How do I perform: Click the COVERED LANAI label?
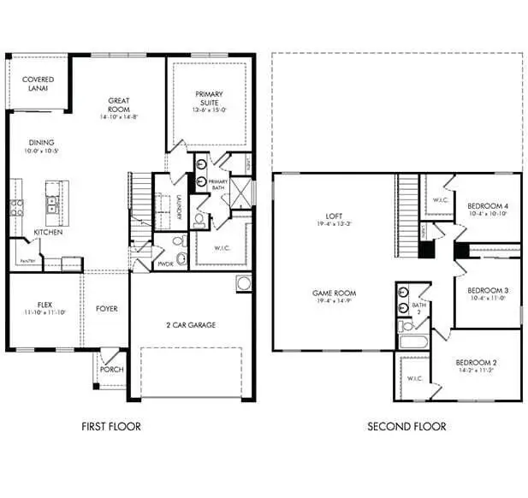(39, 84)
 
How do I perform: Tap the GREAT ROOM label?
(119, 105)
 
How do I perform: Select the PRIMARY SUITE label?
(209, 98)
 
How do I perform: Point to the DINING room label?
(41, 143)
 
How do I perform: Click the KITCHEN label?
(47, 232)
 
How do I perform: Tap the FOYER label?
(107, 308)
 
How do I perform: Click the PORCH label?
(111, 370)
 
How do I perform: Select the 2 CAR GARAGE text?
(190, 324)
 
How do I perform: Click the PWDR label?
(166, 265)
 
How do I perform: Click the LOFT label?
(334, 216)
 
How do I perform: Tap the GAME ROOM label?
(334, 293)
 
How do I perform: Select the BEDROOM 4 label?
(488, 206)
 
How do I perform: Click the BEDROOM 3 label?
(488, 290)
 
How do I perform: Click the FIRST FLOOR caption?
(111, 426)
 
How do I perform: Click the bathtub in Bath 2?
(413, 344)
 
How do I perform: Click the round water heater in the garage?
(243, 283)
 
